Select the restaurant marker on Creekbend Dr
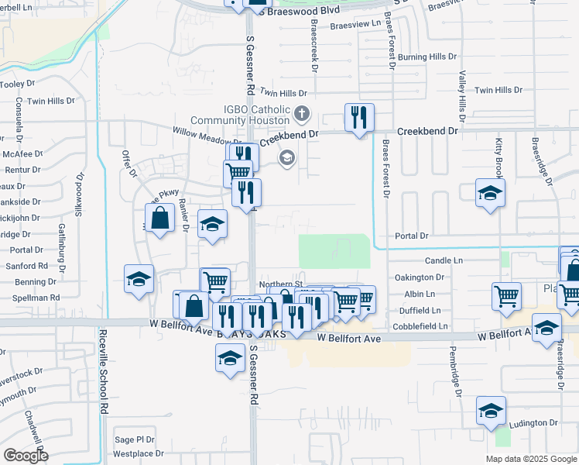(x=359, y=118)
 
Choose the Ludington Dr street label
(x=533, y=424)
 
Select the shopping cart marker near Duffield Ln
(x=506, y=296)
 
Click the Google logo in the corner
(x=26, y=455)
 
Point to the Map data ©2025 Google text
(x=531, y=459)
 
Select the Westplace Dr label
(x=139, y=453)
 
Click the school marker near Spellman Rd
(x=139, y=279)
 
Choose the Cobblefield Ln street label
(x=421, y=326)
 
